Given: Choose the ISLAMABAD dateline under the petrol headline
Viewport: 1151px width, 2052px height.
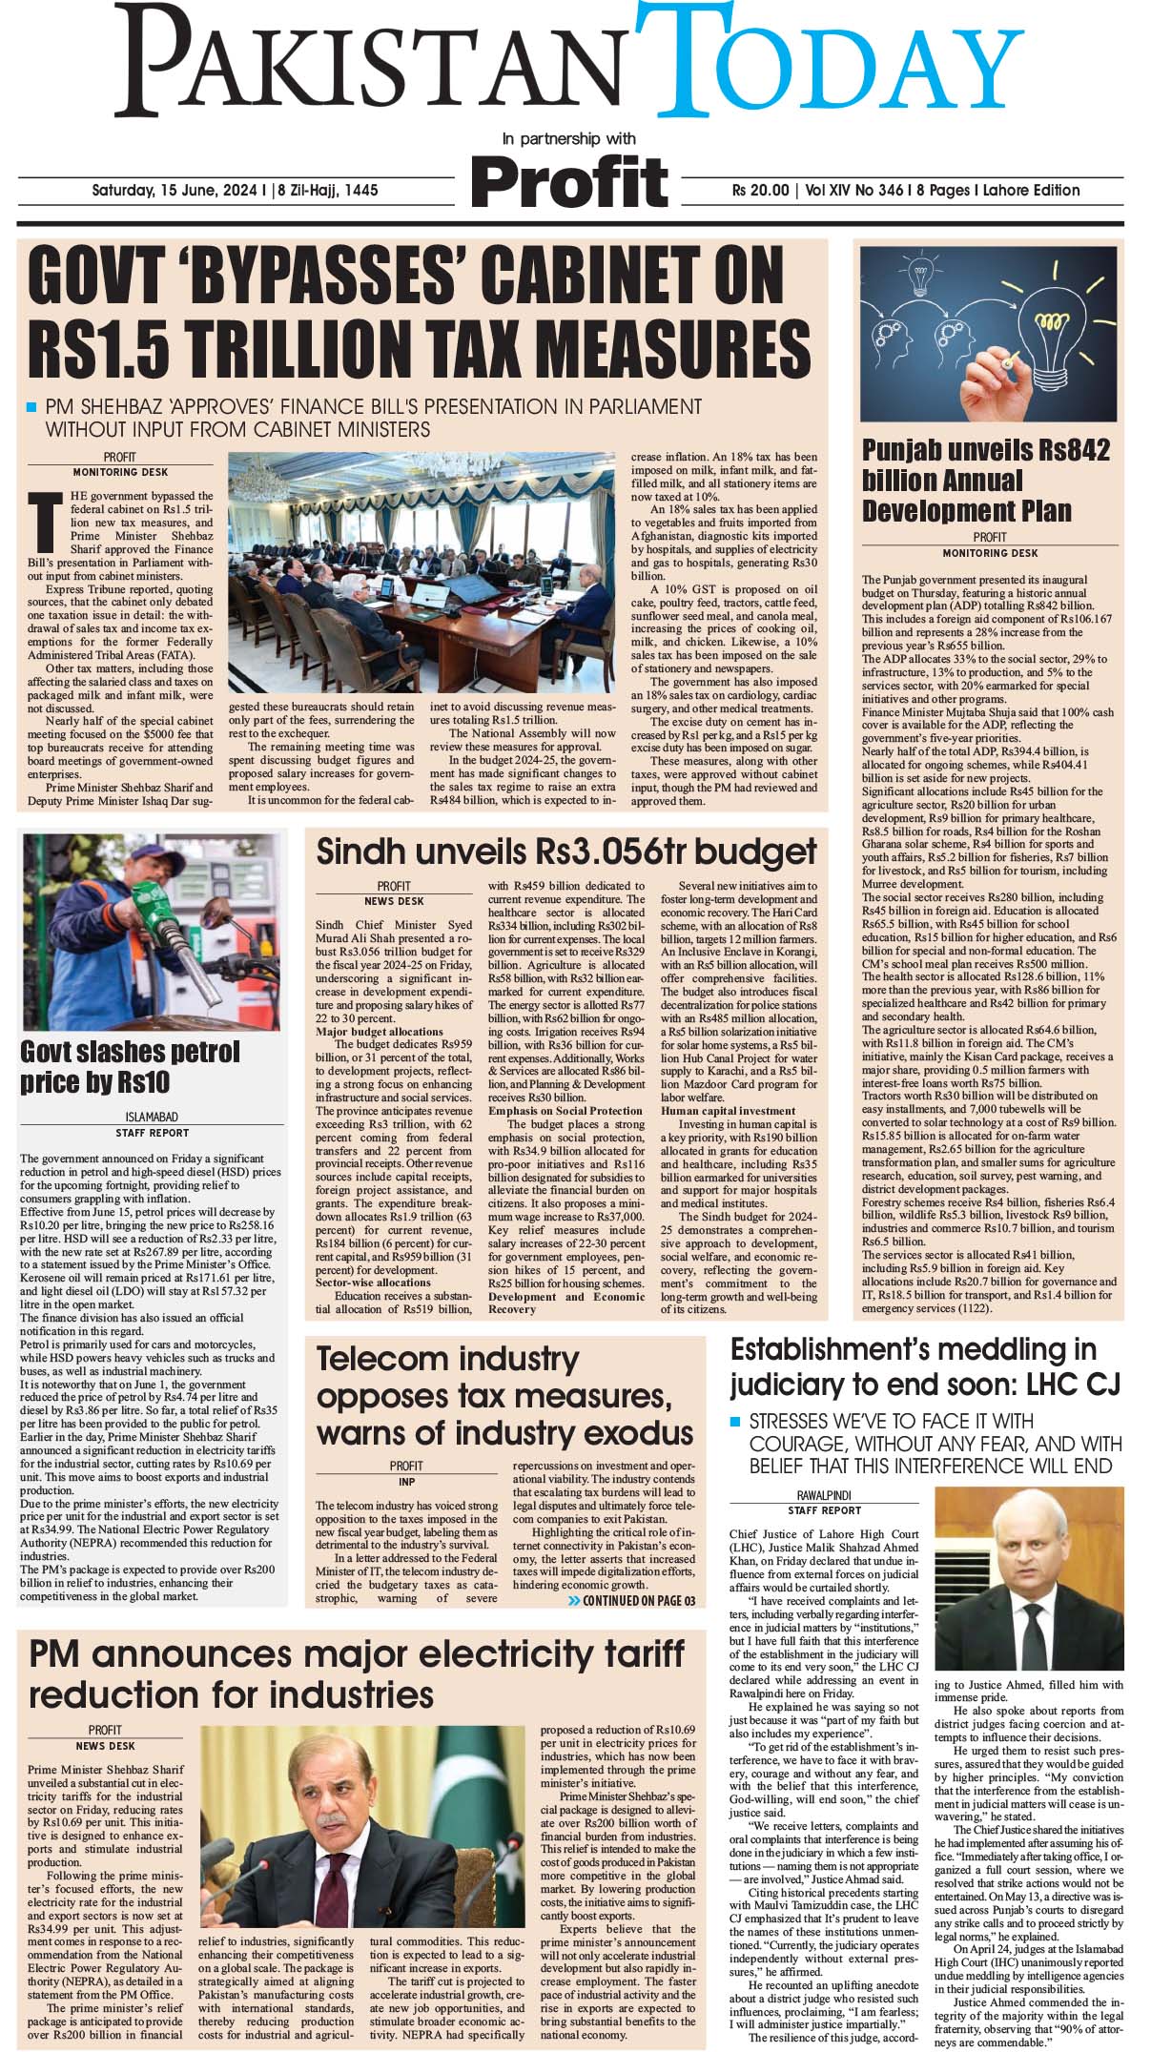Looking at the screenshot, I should [x=152, y=1117].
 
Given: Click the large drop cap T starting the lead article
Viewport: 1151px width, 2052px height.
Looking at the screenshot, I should [x=41, y=522].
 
